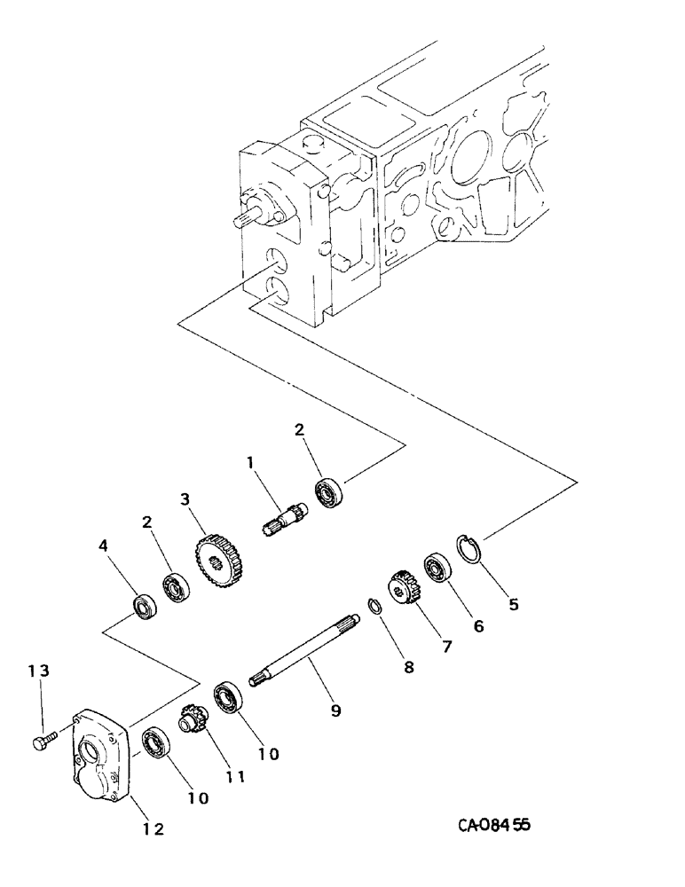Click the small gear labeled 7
[404, 588]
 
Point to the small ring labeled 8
[374, 607]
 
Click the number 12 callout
[153, 829]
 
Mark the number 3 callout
[186, 499]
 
